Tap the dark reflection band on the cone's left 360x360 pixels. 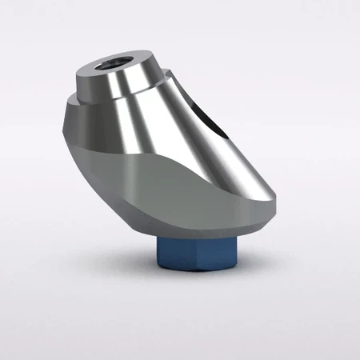88,128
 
